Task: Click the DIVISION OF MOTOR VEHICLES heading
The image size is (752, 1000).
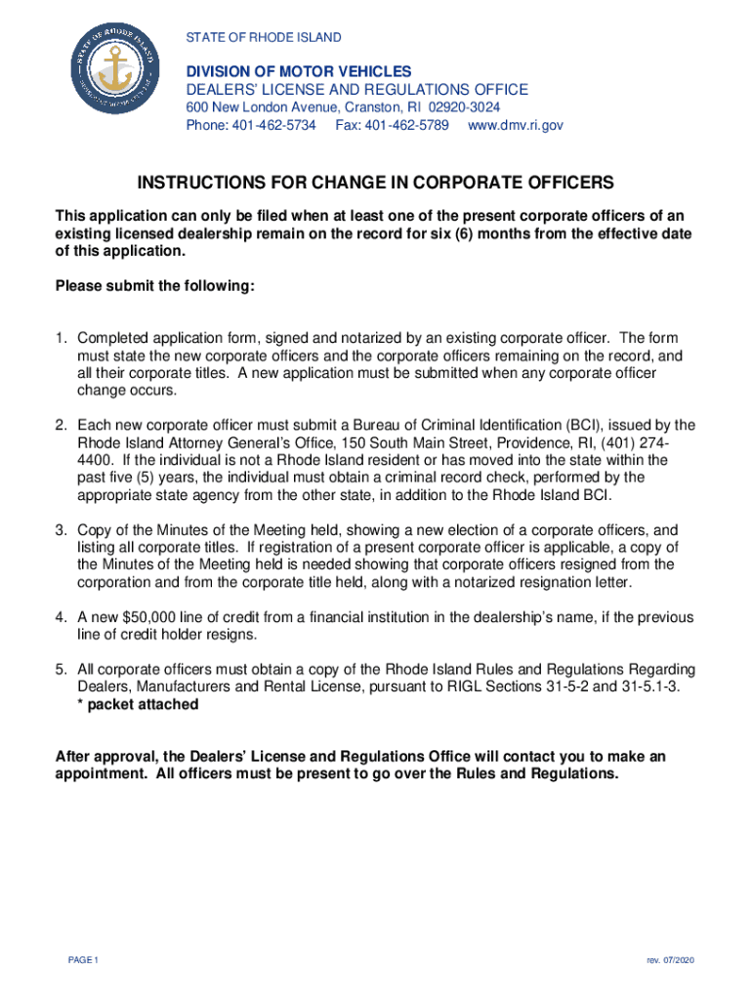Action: pyautogui.click(x=299, y=71)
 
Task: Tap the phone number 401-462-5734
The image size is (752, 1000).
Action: pyautogui.click(x=273, y=126)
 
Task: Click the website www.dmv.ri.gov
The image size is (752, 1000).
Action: pyautogui.click(x=516, y=126)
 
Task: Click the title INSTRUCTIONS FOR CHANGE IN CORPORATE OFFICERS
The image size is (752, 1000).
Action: pyautogui.click(x=376, y=183)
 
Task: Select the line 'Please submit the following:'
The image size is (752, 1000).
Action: pyautogui.click(x=155, y=286)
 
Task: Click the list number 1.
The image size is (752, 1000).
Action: pyautogui.click(x=61, y=338)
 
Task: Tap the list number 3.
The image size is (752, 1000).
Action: pyautogui.click(x=61, y=529)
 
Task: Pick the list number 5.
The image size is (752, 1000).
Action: pyautogui.click(x=61, y=670)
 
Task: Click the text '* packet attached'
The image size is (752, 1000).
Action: pyautogui.click(x=138, y=705)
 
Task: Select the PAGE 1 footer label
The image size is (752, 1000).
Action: pyautogui.click(x=84, y=961)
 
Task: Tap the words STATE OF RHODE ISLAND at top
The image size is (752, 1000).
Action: pyautogui.click(x=264, y=38)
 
